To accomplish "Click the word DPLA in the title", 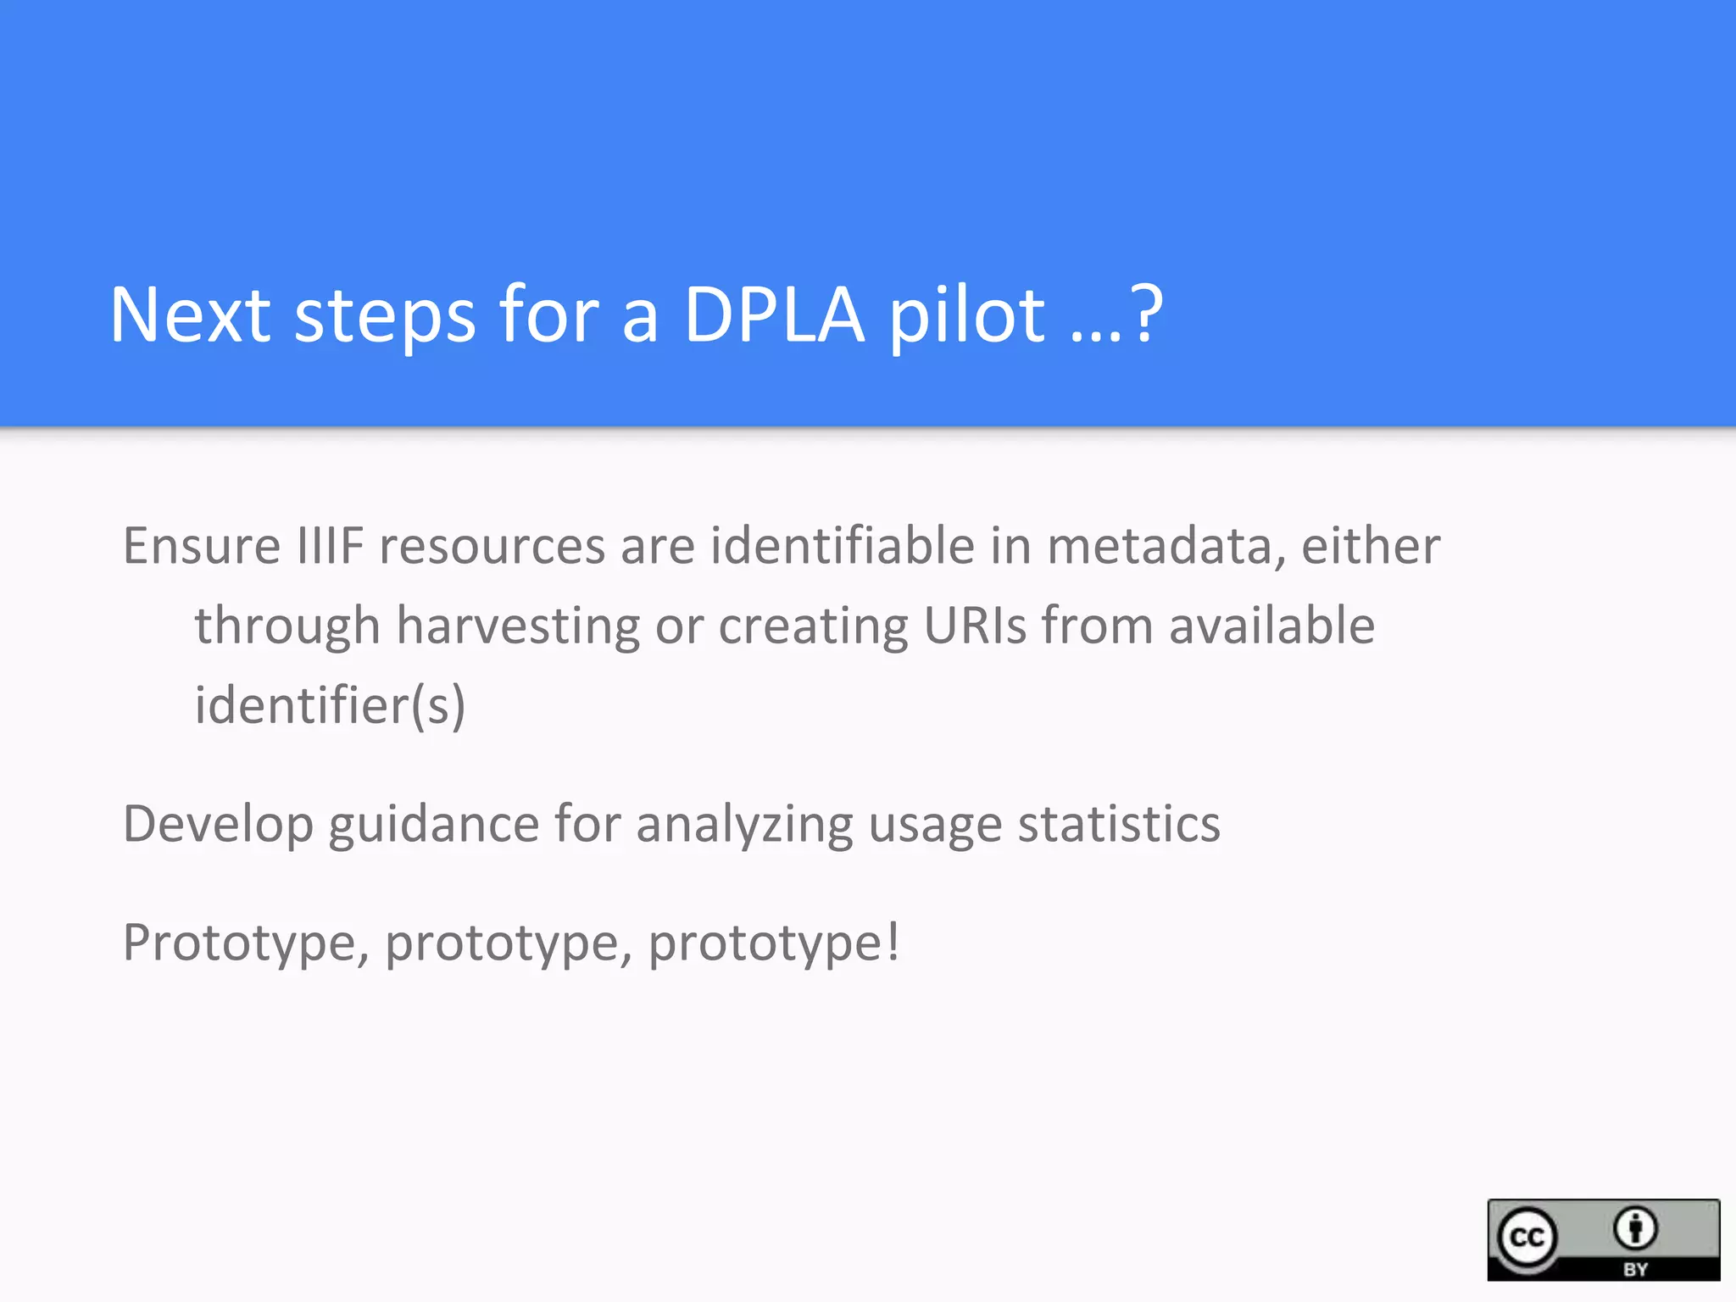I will click(773, 315).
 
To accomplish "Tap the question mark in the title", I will click(1149, 315).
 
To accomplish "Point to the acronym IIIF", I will click(330, 545).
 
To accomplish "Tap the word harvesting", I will click(518, 626).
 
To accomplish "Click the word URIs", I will click(975, 626).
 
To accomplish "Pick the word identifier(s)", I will click(330, 705).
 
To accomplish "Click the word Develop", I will click(218, 824).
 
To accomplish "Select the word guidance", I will click(433, 824).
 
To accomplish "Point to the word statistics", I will click(1119, 824).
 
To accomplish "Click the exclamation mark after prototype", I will click(893, 941).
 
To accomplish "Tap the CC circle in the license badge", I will click(1527, 1238).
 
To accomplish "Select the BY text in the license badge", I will click(1635, 1269).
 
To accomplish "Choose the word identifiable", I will click(842, 545).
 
